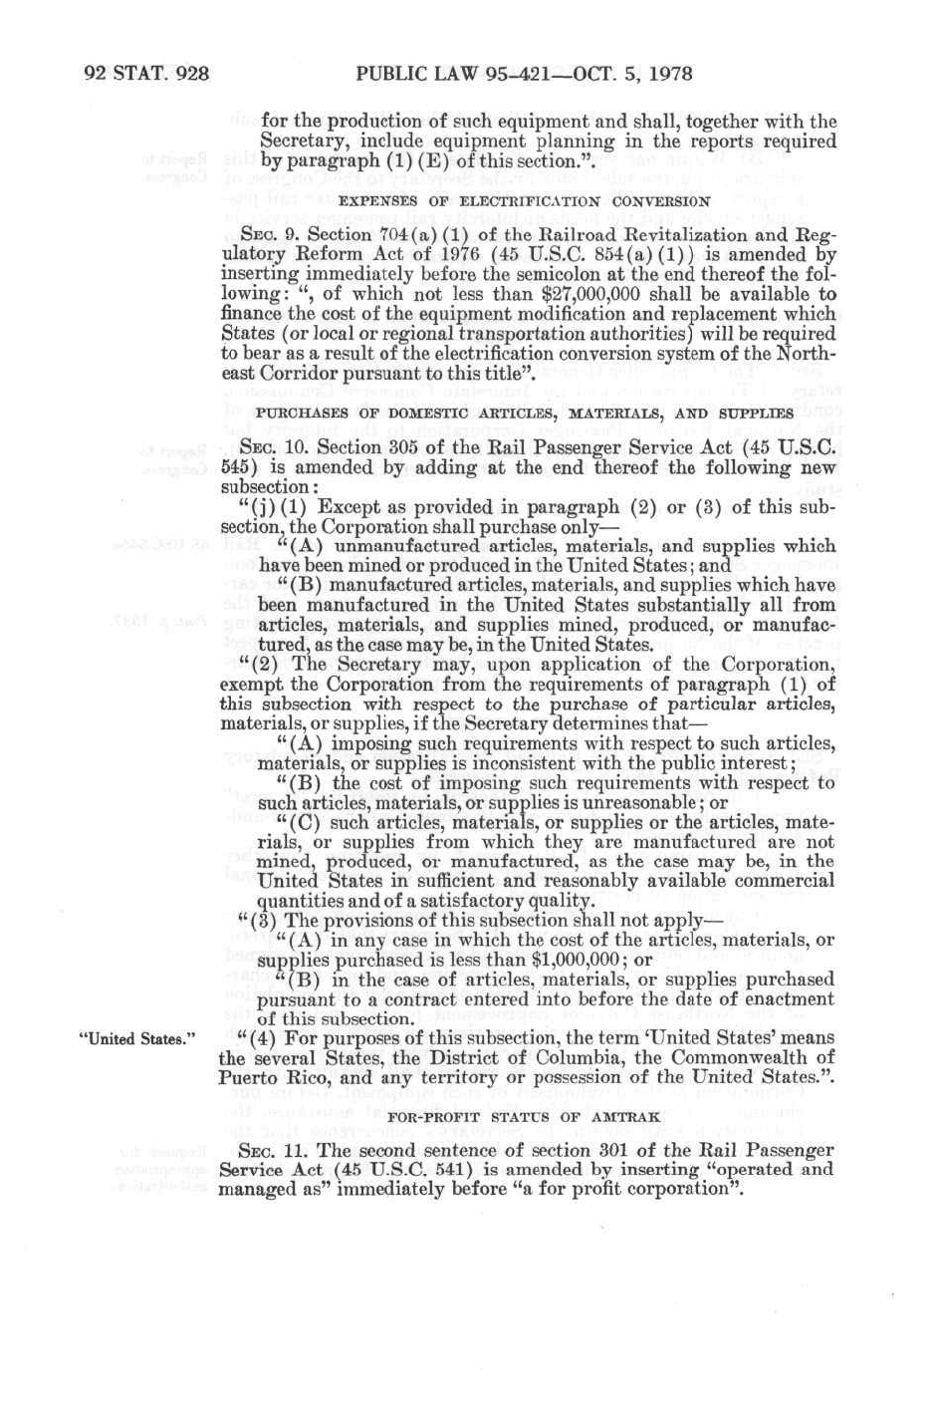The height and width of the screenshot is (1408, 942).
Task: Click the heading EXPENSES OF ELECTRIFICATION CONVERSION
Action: pyautogui.click(x=525, y=200)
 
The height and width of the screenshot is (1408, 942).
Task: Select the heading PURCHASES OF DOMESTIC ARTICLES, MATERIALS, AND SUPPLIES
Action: pyautogui.click(x=525, y=412)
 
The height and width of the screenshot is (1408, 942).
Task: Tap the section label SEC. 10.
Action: pyautogui.click(x=276, y=447)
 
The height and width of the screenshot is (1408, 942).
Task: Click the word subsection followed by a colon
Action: pyautogui.click(x=265, y=487)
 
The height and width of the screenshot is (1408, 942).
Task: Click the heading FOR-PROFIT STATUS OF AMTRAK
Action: pyautogui.click(x=524, y=1116)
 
